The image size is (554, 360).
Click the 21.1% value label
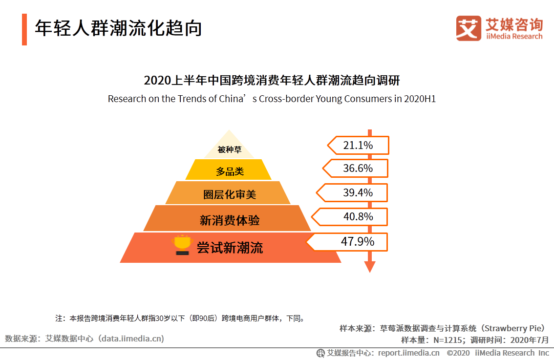click(358, 146)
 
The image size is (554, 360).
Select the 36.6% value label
click(358, 169)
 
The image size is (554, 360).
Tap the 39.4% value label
click(358, 193)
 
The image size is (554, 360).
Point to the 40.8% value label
click(358, 216)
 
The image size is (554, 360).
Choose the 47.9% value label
click(358, 242)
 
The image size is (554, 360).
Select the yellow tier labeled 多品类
click(229, 171)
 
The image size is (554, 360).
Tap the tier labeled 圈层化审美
click(229, 194)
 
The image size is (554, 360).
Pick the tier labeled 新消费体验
click(229, 220)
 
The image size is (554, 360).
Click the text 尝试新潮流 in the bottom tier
click(230, 248)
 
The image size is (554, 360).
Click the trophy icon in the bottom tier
click(182, 246)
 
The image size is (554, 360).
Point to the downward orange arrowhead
click(370, 267)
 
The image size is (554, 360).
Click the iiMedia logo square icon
click(469, 28)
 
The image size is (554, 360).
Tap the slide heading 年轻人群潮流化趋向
click(118, 29)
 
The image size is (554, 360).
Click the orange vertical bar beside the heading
click(24, 29)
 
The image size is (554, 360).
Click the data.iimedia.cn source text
click(132, 338)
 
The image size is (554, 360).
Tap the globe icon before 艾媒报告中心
click(320, 353)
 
